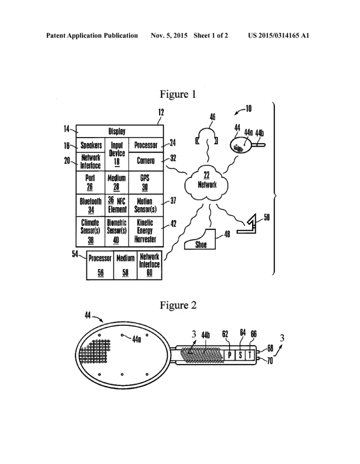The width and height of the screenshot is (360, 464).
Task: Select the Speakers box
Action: [x=91, y=146]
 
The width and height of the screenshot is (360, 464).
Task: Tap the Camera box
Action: [x=145, y=161]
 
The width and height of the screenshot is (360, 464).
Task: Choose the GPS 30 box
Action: [x=145, y=182]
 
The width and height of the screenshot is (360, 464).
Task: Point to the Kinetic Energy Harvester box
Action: [x=145, y=230]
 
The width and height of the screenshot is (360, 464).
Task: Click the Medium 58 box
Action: [x=125, y=265]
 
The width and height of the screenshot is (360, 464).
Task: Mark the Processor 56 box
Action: [x=99, y=265]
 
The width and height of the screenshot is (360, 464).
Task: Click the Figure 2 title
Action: [x=178, y=305]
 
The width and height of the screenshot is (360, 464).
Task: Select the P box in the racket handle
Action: [x=230, y=355]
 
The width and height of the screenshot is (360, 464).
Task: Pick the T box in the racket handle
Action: [x=251, y=355]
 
